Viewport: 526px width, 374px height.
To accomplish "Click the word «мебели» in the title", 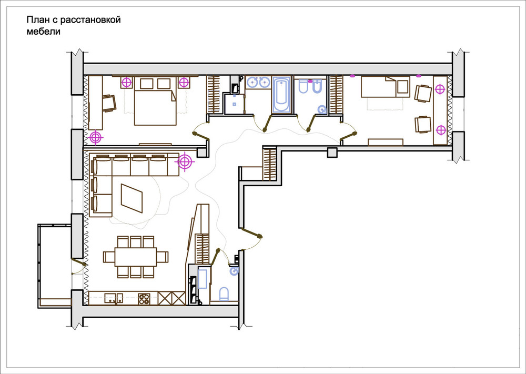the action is pyautogui.click(x=43, y=32).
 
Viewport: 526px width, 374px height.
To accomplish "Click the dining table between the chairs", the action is pyautogui.click(x=136, y=257).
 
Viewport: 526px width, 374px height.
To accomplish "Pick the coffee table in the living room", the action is pyautogui.click(x=132, y=198).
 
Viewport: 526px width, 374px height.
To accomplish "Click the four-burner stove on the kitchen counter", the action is pyautogui.click(x=144, y=299).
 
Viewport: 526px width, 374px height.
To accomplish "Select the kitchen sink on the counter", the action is pyautogui.click(x=114, y=298).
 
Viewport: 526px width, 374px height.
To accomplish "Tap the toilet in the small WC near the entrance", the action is pyautogui.click(x=224, y=294).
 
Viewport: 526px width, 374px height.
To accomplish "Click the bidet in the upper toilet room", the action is pyautogui.click(x=316, y=87).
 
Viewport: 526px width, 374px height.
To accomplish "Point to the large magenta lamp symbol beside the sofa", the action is pyautogui.click(x=184, y=161).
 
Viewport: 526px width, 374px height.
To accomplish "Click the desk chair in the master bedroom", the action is pyautogui.click(x=109, y=103).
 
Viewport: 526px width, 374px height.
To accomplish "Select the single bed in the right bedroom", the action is pyautogui.click(x=386, y=87).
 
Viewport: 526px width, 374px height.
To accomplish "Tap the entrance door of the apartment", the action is pyautogui.click(x=250, y=233).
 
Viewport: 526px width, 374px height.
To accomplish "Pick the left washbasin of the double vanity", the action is pyautogui.click(x=252, y=82).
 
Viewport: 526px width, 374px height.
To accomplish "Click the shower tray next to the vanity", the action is pyautogui.click(x=235, y=104).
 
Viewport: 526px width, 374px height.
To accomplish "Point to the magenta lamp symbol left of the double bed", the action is pyautogui.click(x=126, y=83).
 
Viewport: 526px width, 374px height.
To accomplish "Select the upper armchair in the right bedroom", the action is pyautogui.click(x=423, y=93).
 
